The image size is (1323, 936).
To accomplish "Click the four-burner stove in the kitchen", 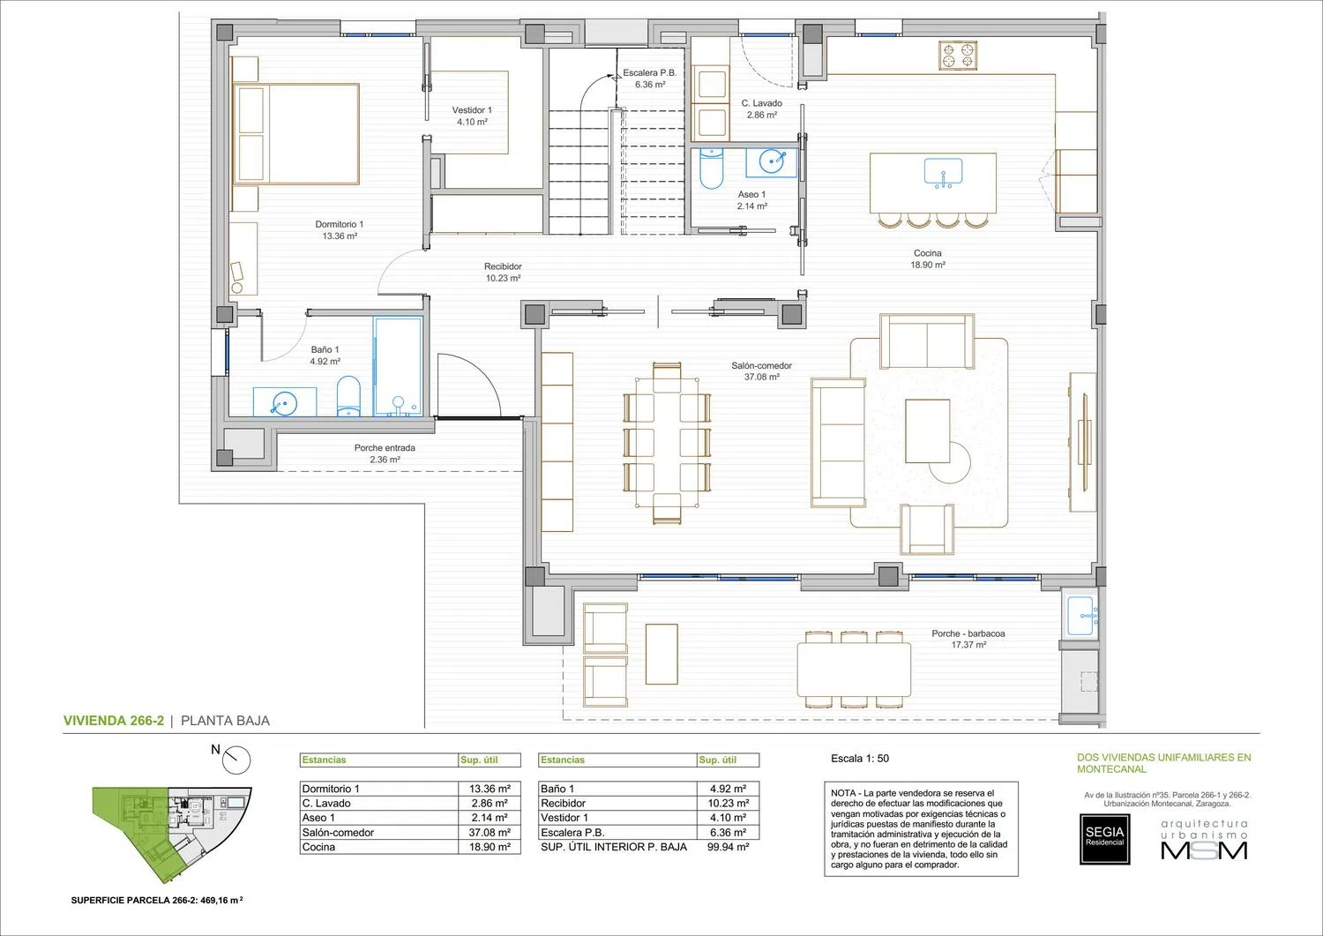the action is pos(957,56).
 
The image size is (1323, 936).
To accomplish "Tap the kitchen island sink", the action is pos(943,173).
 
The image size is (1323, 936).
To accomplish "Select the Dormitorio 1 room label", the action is pos(339,230).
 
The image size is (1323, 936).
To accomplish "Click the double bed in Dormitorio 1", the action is pos(295,134).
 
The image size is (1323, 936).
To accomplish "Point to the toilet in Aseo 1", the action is pos(711,168).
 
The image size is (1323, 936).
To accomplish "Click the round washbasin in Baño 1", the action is pos(284,402).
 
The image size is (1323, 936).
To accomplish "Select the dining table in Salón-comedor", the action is pos(667,443).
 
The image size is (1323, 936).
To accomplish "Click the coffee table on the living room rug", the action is pos(928,431).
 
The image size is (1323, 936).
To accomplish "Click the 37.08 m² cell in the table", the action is pos(490,833).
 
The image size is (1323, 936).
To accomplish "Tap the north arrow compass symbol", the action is pos(236,760).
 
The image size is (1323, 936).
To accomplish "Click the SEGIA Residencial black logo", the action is pos(1104,839).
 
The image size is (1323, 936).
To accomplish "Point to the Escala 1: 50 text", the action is pos(860,759).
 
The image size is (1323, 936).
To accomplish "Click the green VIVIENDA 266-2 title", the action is pos(114,721).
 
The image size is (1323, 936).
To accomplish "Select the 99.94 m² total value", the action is pos(729,848).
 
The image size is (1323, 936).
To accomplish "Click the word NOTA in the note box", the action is pos(843,793).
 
